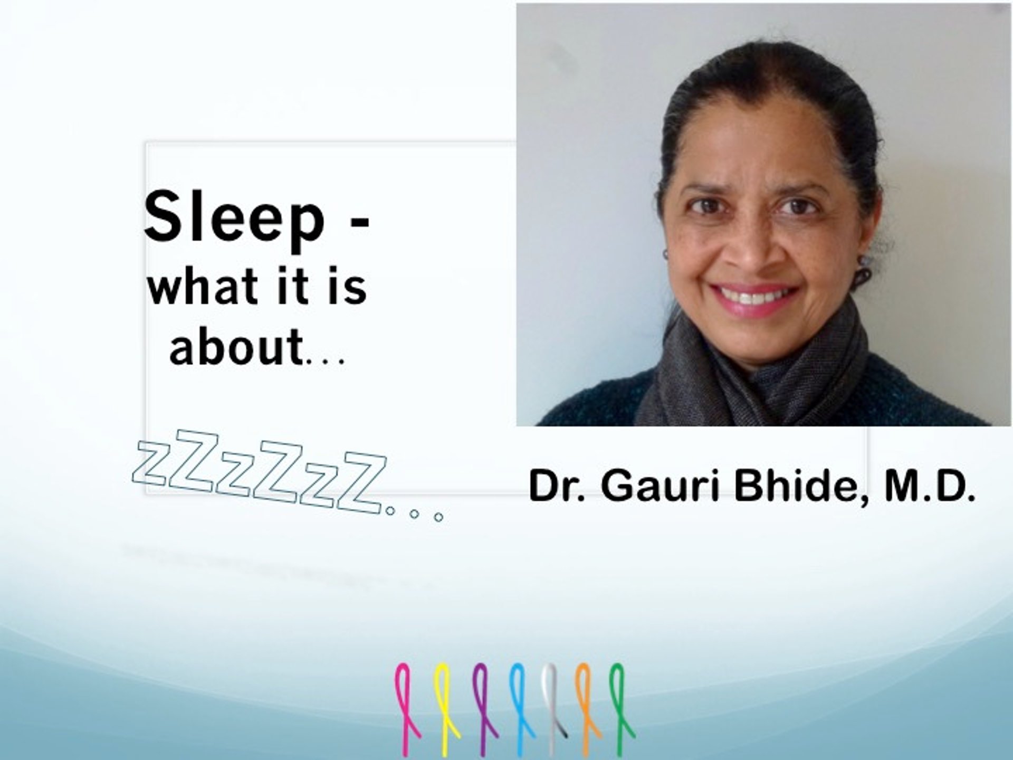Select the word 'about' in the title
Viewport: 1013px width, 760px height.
click(x=236, y=346)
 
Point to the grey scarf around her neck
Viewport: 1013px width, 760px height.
click(x=754, y=369)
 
